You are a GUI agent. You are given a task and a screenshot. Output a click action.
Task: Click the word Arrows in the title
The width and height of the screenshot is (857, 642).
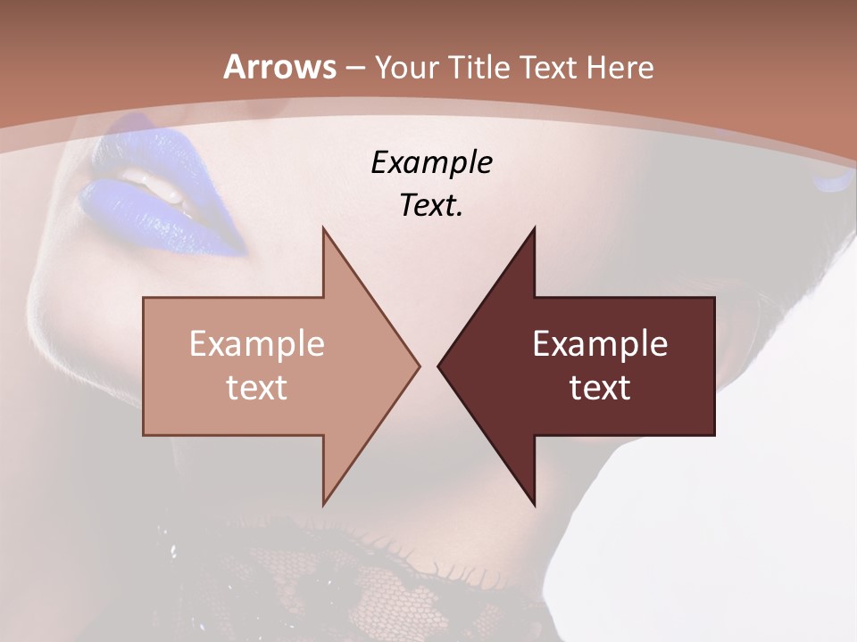pos(279,67)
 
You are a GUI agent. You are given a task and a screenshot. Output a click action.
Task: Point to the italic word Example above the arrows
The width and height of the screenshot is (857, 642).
pos(431,163)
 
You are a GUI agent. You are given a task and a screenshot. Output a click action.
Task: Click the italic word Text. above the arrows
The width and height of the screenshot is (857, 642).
pos(431,206)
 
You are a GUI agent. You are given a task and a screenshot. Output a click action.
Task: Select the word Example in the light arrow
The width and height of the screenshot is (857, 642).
pos(257,344)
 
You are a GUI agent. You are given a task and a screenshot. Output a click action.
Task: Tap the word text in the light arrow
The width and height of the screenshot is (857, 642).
pos(257,388)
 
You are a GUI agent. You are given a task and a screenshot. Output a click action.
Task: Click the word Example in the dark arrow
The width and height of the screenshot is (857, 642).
pos(600,344)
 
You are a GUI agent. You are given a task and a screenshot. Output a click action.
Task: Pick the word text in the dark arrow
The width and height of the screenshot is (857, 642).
pos(600,388)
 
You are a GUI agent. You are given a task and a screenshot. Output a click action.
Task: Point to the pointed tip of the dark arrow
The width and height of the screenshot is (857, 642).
pos(439,366)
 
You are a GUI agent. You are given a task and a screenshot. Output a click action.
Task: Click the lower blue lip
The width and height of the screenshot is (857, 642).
pos(161,218)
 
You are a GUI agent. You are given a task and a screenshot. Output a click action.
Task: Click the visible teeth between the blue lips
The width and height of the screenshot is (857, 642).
pos(165,183)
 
